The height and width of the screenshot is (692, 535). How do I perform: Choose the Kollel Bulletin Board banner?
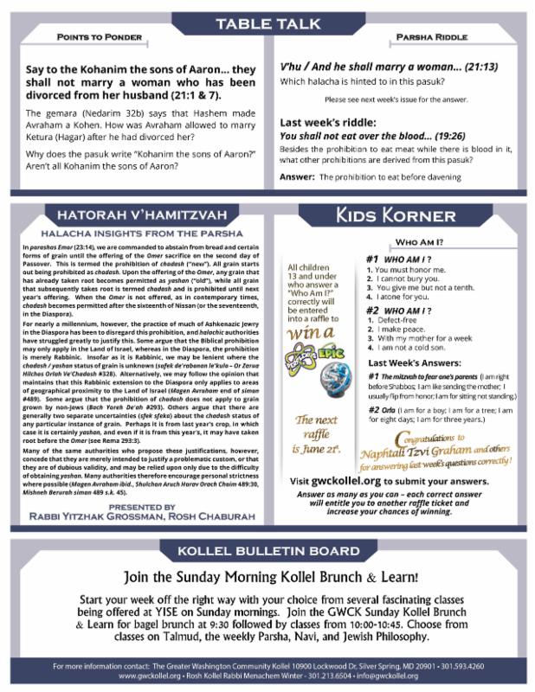click(267, 551)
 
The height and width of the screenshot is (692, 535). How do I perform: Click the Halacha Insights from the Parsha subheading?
click(139, 234)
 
